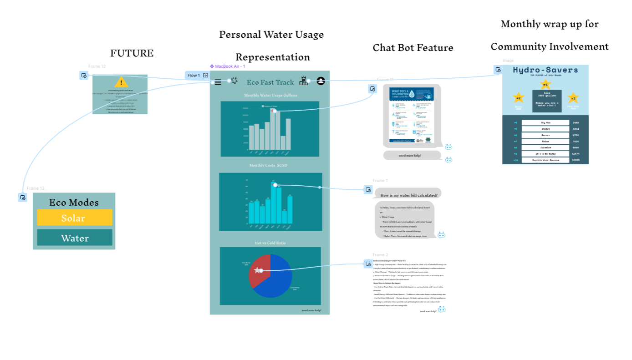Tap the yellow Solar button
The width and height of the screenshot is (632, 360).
(x=75, y=218)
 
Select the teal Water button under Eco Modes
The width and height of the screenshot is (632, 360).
(x=75, y=238)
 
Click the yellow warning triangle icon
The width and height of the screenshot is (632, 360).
(x=121, y=82)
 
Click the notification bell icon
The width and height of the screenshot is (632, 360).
(x=234, y=81)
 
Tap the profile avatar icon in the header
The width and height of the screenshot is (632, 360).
(x=321, y=81)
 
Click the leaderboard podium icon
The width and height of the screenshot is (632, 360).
(x=304, y=81)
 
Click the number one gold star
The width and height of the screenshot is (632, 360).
(x=545, y=84)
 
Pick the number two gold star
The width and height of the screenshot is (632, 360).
(x=518, y=98)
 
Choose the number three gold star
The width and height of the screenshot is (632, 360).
(x=573, y=98)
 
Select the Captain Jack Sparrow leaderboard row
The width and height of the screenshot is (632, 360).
(x=545, y=160)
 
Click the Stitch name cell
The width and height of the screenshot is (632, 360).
(x=545, y=129)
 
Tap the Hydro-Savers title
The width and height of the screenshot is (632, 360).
(x=545, y=70)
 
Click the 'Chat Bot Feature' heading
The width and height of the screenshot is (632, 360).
(x=413, y=48)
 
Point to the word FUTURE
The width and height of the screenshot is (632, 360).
(x=132, y=53)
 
